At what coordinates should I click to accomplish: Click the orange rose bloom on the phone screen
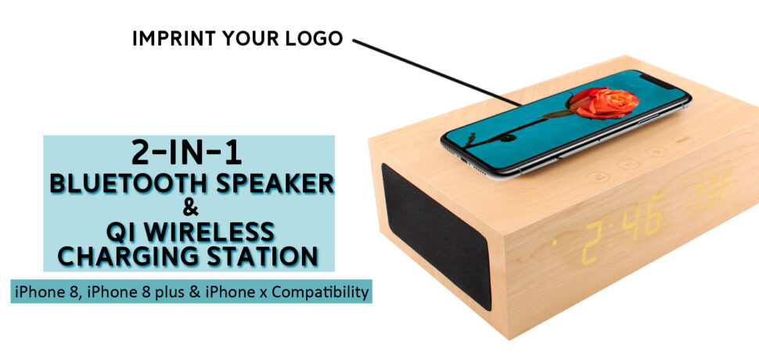pyautogui.click(x=603, y=103)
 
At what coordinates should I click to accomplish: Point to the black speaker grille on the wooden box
pyautogui.click(x=436, y=236)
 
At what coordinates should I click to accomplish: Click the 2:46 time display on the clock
pyautogui.click(x=623, y=229)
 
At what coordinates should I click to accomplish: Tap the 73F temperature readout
pyautogui.click(x=713, y=189)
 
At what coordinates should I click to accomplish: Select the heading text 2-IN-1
pyautogui.click(x=186, y=153)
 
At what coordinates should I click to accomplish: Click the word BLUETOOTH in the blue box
pyautogui.click(x=129, y=184)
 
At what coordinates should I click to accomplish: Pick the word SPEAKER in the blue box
pyautogui.click(x=275, y=184)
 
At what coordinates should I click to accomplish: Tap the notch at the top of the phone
pyautogui.click(x=659, y=81)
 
